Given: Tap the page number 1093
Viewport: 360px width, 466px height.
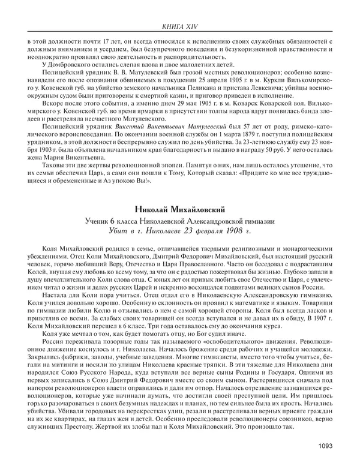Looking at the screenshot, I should point(332,446).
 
